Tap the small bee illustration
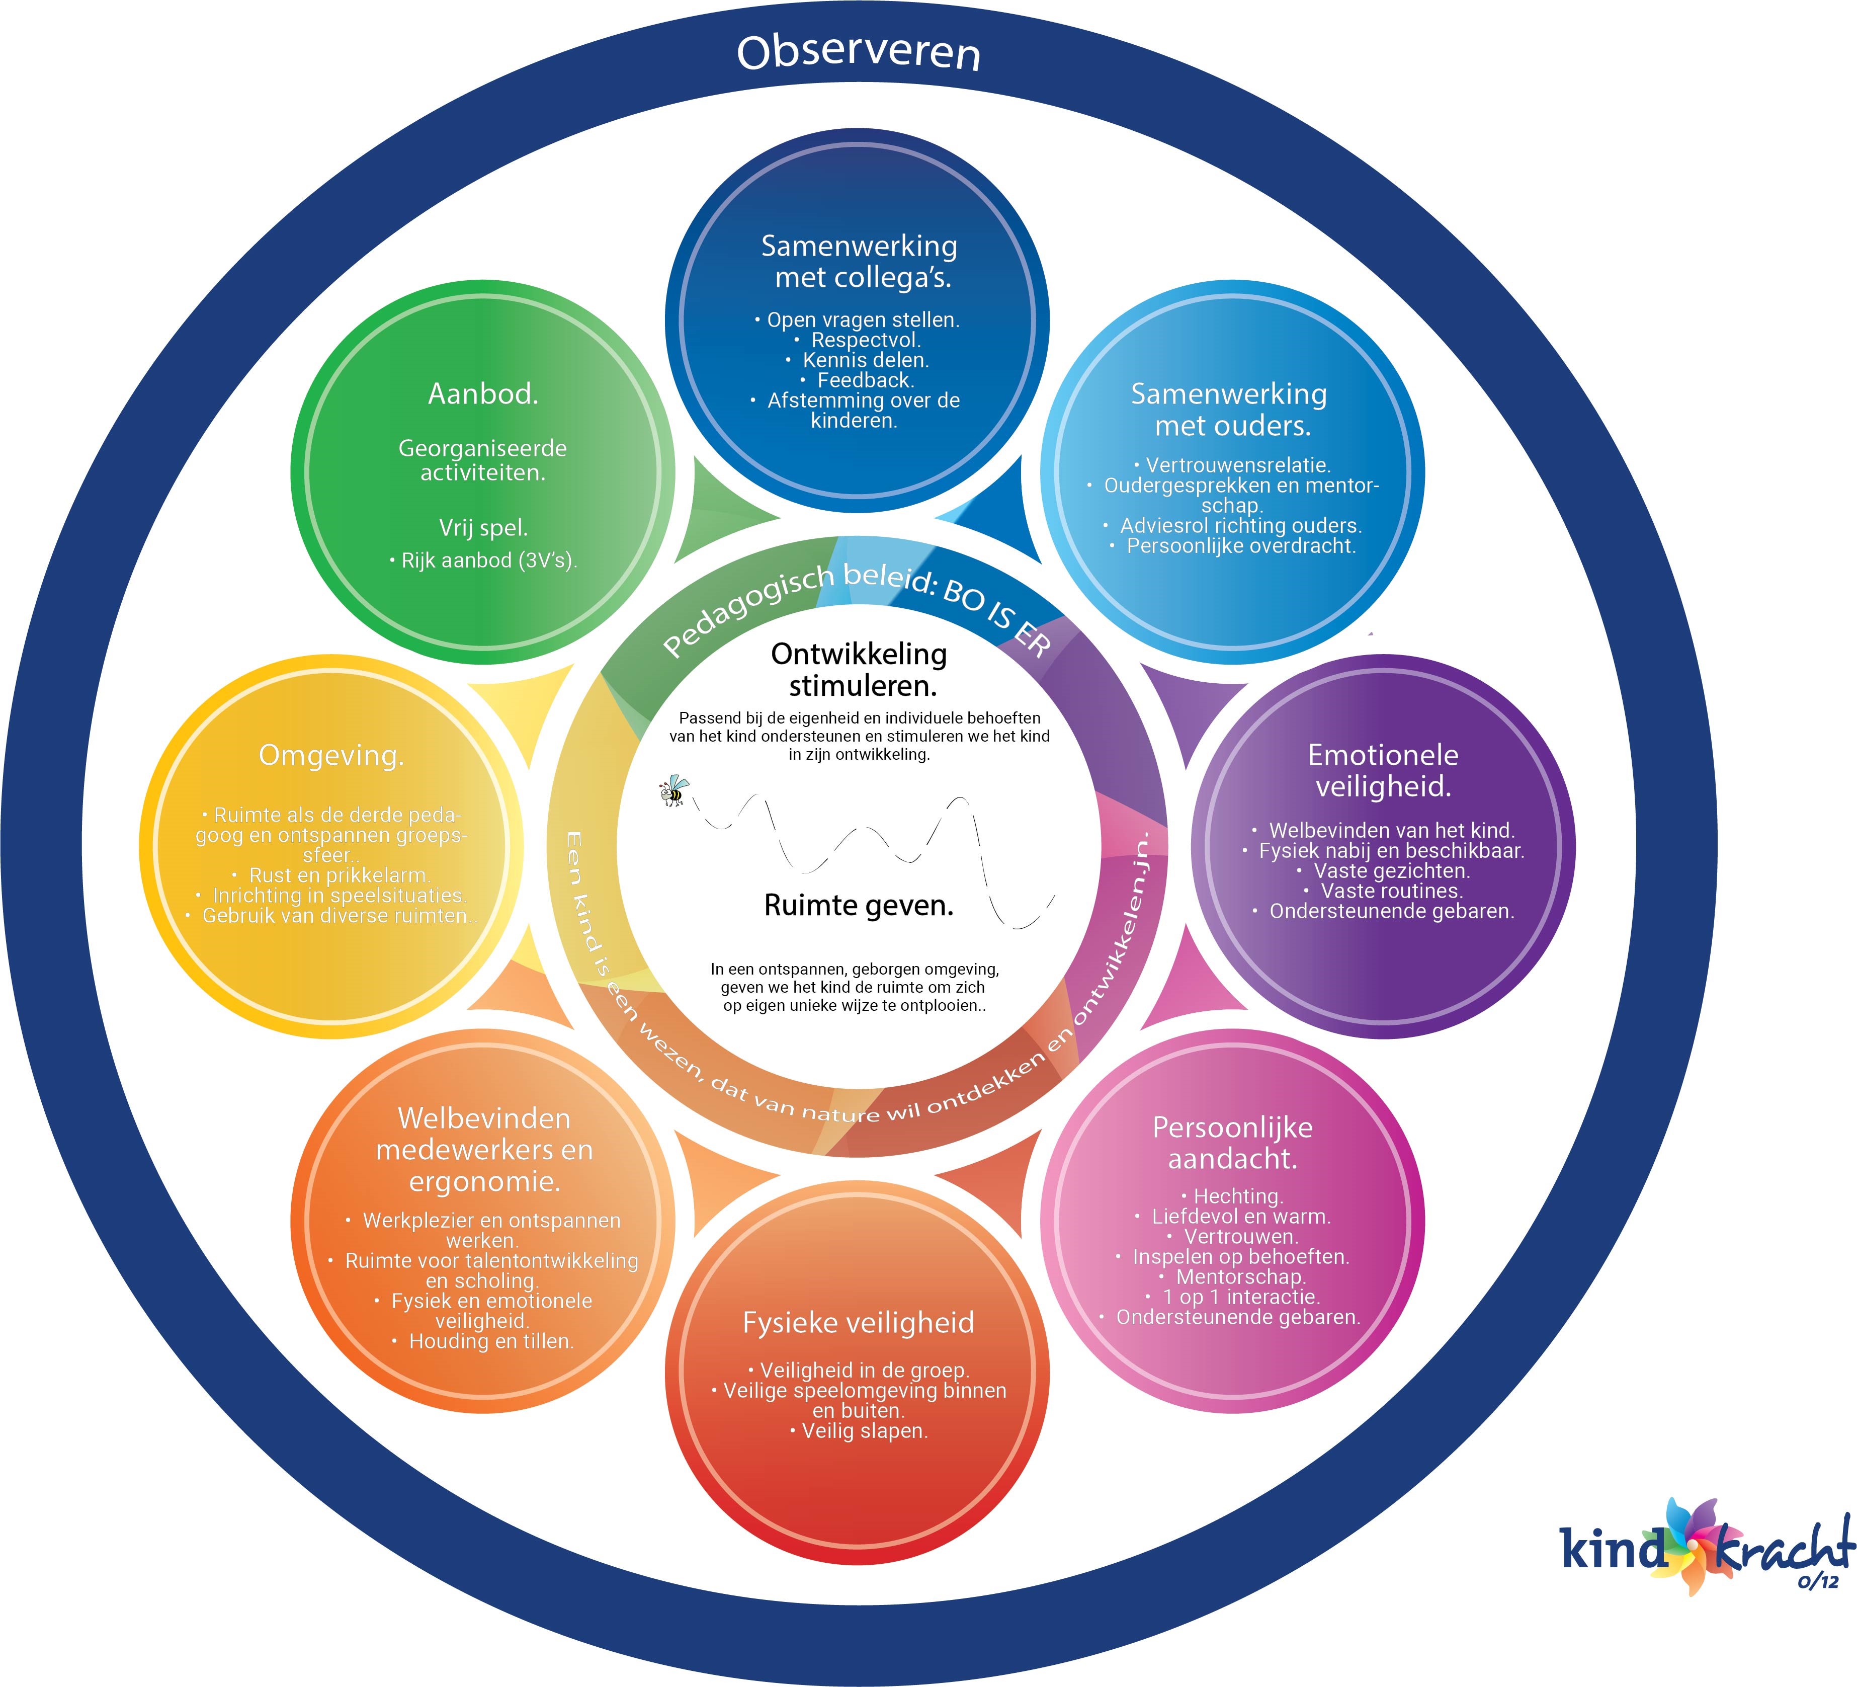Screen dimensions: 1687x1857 pyautogui.click(x=674, y=790)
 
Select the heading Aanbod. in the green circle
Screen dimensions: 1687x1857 pyautogui.click(x=483, y=394)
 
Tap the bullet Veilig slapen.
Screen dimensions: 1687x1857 pyautogui.click(x=864, y=1431)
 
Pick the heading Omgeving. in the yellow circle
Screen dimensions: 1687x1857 pyautogui.click(x=331, y=756)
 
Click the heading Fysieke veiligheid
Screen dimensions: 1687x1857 pyautogui.click(x=859, y=1323)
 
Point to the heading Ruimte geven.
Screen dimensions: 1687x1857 pyautogui.click(x=859, y=906)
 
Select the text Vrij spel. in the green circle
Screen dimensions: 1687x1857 pyautogui.click(x=483, y=528)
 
